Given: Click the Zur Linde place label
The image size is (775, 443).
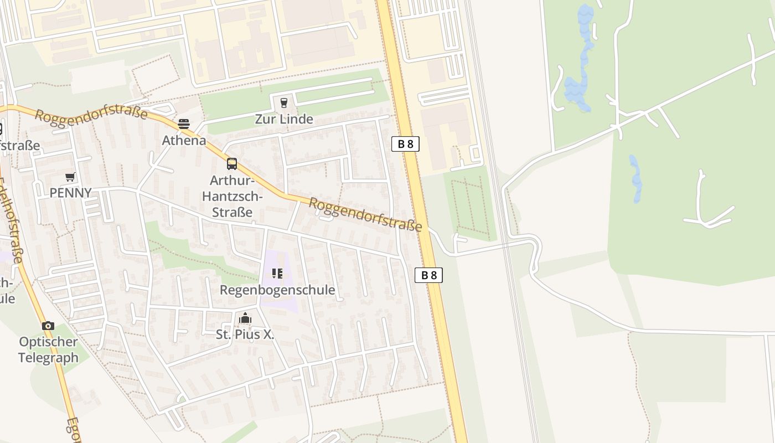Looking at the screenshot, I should pos(284,119).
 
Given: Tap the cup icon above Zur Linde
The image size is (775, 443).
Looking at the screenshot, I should pos(284,102).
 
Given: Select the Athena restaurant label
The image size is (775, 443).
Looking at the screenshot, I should pos(184,141).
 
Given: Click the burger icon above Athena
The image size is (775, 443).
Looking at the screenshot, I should pos(184,123).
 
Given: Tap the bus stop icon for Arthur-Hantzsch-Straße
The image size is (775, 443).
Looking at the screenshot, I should pos(232,163).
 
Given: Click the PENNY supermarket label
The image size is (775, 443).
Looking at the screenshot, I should pos(70,193).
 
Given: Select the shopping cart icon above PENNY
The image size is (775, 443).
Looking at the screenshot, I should pos(70,177).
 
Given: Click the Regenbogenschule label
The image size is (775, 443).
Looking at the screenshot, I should pos(277,290).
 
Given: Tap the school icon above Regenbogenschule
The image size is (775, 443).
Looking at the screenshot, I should pos(277,273).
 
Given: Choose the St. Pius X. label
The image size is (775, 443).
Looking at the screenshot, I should pos(245,334).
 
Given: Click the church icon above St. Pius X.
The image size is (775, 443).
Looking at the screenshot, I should pos(245,318).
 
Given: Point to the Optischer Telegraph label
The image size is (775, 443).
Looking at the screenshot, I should pos(48,349).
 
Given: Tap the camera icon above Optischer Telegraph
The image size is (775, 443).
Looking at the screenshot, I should pos(48,326).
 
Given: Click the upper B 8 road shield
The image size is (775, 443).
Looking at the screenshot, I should pos(405,144).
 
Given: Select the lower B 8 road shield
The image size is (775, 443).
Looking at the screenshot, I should pos(428,275).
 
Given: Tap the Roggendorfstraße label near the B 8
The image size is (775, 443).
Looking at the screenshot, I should pos(365,214).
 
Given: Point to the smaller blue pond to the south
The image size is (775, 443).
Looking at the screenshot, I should pos(636,177).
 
